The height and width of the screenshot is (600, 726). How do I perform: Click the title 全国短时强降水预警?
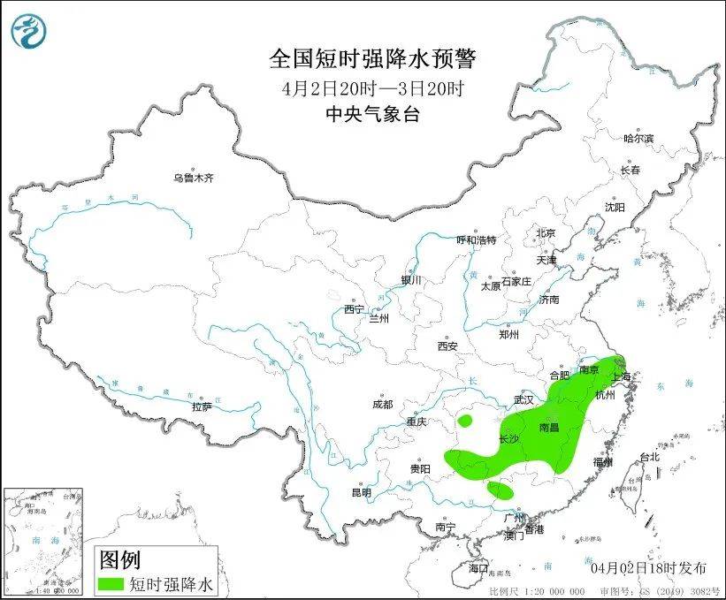pyautogui.click(x=372, y=59)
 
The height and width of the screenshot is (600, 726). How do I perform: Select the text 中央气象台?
pyautogui.click(x=372, y=113)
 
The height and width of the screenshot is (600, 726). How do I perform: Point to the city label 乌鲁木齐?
pyautogui.click(x=193, y=178)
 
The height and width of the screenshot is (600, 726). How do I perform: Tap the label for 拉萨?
pyautogui.click(x=202, y=407)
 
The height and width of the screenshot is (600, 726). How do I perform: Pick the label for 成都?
pyautogui.click(x=383, y=405)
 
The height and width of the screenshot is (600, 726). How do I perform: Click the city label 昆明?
pyautogui.click(x=362, y=492)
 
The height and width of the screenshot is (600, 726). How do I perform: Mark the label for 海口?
pyautogui.click(x=478, y=566)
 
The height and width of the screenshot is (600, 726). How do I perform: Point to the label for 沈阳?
pyautogui.click(x=614, y=207)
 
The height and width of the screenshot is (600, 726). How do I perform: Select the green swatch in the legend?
pyautogui.click(x=111, y=584)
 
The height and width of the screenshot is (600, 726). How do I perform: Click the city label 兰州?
pyautogui.click(x=379, y=318)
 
